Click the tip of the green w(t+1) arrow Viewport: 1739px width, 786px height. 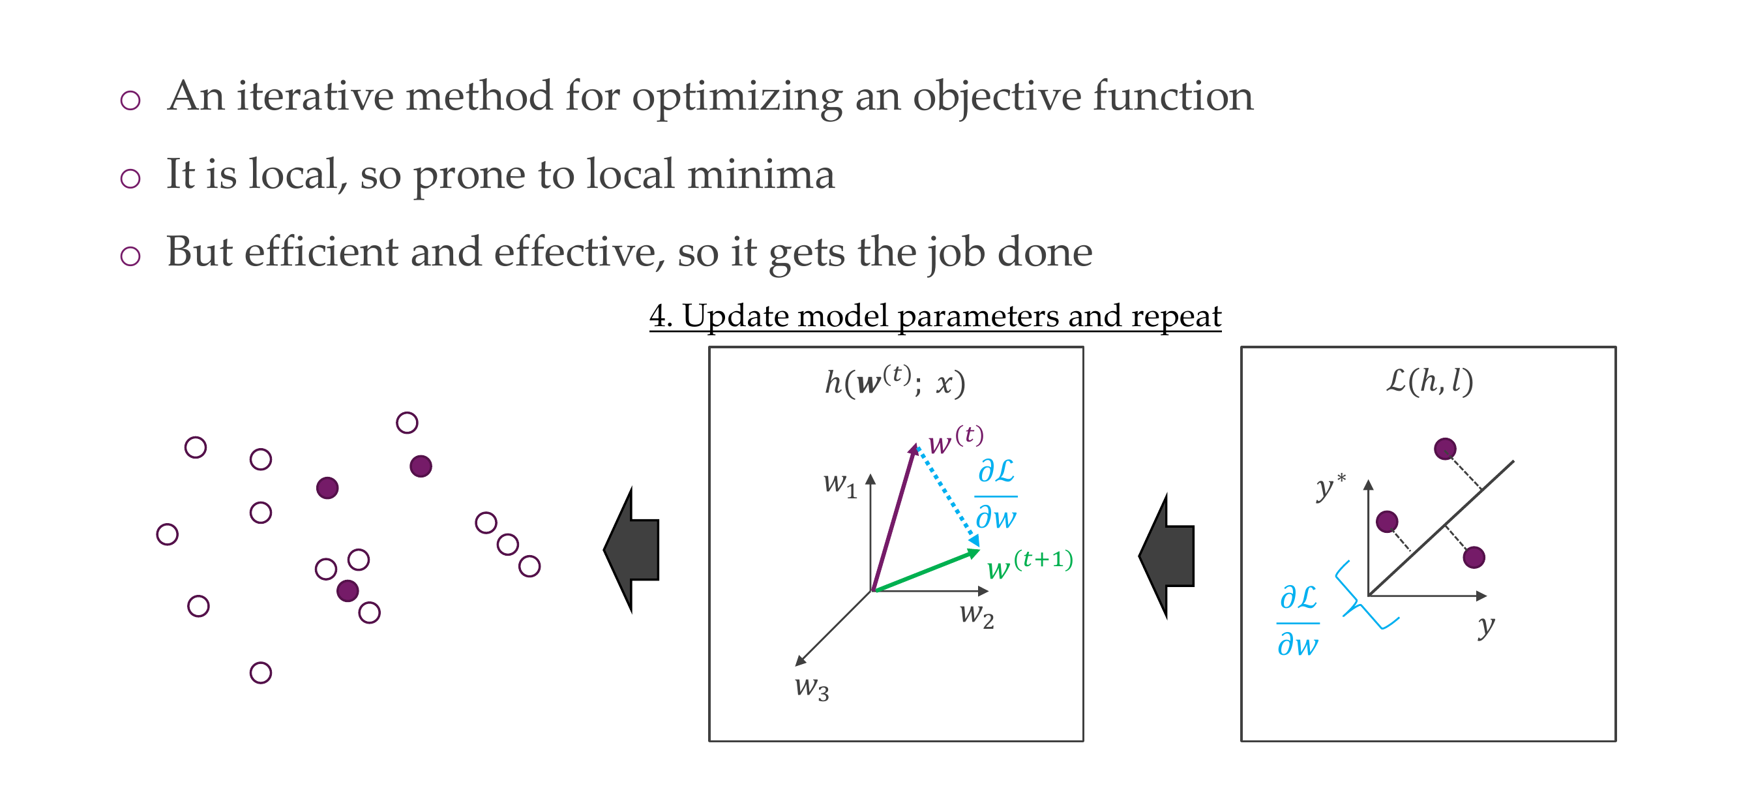[979, 551]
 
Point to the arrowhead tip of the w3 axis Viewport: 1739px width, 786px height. [796, 666]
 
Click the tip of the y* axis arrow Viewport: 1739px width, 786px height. [1369, 480]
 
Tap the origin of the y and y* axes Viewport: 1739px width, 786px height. [1369, 596]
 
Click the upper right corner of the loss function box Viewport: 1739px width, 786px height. [1616, 348]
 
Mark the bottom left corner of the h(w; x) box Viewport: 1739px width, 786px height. [709, 741]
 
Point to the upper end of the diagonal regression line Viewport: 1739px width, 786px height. [1514, 461]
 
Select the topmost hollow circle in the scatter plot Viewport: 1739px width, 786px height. [407, 423]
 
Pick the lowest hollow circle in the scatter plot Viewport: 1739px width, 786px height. [261, 673]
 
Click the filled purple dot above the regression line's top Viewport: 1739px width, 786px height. [1445, 448]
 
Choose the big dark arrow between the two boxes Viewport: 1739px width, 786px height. [1167, 556]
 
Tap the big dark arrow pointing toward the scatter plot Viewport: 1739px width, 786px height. [631, 550]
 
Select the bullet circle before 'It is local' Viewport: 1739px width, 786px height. [130, 178]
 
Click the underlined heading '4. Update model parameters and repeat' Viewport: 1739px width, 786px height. [935, 315]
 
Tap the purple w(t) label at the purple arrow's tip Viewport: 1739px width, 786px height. [956, 440]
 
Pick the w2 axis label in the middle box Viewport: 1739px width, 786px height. [977, 615]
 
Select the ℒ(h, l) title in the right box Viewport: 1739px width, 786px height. [1430, 381]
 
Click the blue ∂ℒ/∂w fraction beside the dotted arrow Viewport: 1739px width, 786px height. [996, 494]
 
